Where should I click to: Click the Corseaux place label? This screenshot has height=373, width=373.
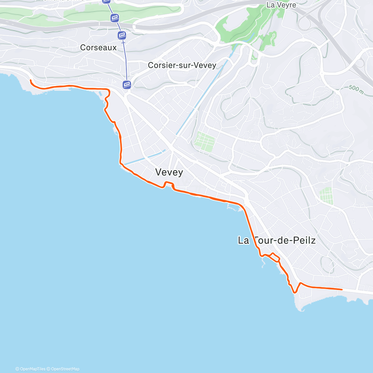coord(98,48)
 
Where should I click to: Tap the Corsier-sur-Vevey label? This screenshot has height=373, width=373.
coord(182,65)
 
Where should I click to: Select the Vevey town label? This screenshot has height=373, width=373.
coord(169,172)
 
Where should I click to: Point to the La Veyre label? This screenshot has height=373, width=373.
coord(281,5)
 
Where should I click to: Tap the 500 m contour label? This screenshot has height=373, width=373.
coord(356,89)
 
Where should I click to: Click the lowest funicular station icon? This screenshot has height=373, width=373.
coord(127,84)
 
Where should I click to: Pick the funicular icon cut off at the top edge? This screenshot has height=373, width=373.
coord(106,1)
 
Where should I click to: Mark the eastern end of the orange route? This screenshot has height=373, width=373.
coord(342,289)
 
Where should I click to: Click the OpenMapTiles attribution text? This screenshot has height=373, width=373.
coord(30,369)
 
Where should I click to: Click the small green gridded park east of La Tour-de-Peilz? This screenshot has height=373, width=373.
coord(326,196)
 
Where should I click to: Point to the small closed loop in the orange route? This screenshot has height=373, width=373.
coord(275,257)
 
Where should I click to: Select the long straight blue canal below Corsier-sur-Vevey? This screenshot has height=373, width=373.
coord(205,93)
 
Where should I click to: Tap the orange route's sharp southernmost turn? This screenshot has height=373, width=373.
coord(294,292)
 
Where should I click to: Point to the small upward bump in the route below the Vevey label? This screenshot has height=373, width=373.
coord(168,183)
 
